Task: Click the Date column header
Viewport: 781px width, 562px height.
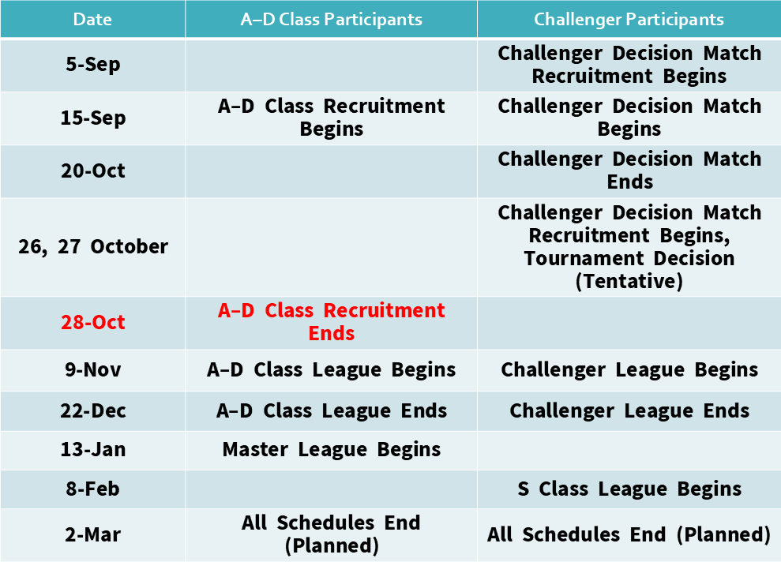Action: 92,20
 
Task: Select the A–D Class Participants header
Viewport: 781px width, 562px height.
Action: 331,20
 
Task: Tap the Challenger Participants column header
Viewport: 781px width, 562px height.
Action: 629,20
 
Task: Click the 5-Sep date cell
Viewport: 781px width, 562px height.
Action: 93,65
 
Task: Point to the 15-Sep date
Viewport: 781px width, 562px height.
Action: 93,118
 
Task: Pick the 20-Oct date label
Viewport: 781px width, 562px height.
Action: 93,170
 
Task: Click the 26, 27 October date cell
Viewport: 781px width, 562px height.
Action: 93,247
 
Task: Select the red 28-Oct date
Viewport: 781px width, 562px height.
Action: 93,323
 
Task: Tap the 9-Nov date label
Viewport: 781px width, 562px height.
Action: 93,370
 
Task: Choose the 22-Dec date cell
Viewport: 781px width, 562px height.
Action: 93,410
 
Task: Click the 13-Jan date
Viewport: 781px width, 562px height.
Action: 93,449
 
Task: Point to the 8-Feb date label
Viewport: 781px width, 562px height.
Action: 93,489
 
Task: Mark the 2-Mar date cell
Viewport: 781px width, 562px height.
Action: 93,534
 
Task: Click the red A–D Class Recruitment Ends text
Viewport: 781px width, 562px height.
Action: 331,321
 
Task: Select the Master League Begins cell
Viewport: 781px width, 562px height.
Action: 331,449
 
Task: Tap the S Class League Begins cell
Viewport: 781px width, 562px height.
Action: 629,489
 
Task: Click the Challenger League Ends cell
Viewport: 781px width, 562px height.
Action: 629,411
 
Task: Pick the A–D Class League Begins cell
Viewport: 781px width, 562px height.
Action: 331,370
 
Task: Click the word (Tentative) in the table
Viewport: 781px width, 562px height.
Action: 629,281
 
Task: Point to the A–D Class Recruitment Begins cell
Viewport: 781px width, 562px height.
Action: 331,118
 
